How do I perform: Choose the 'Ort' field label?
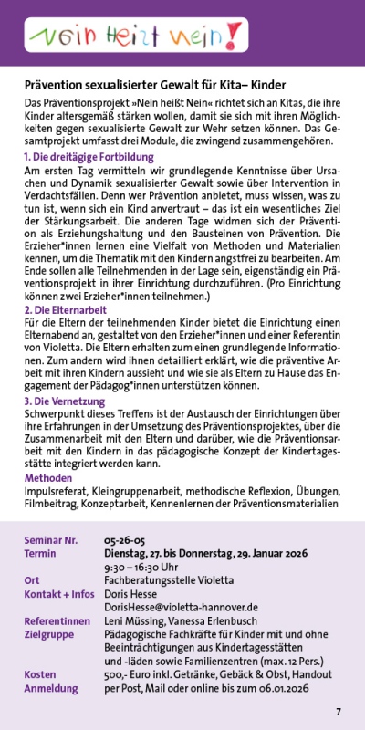(32, 580)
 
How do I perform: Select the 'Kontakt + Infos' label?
(58, 593)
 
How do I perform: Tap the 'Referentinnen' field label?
(57, 620)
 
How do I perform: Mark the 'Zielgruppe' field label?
(50, 632)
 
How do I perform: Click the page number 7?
(338, 712)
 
